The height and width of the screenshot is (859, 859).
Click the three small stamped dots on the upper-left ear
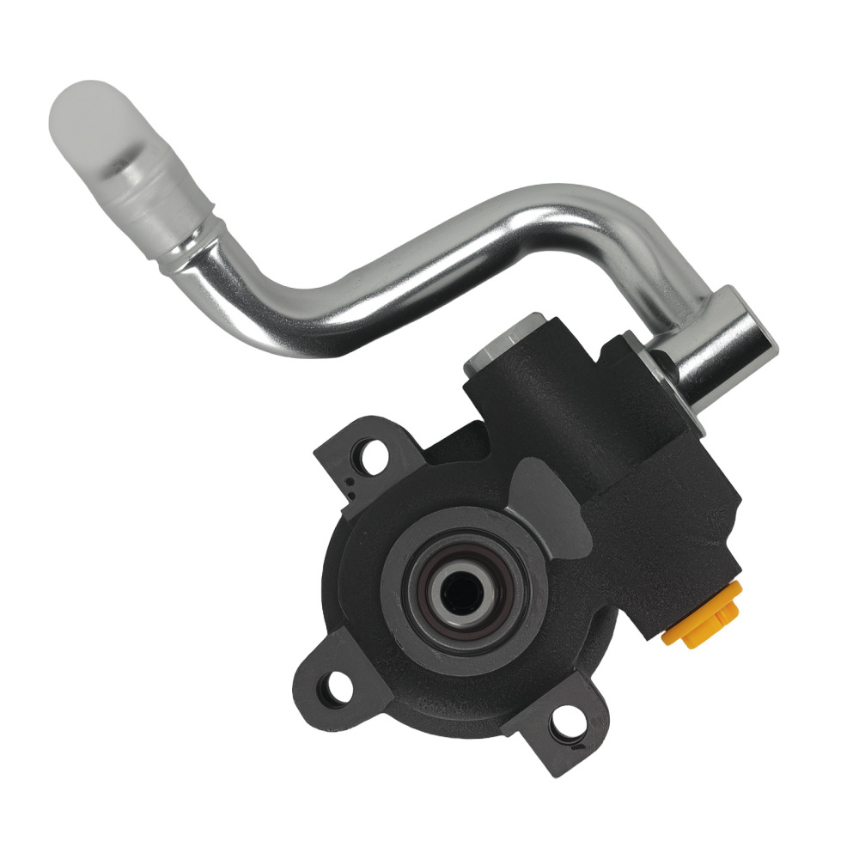pyautogui.click(x=353, y=486)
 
